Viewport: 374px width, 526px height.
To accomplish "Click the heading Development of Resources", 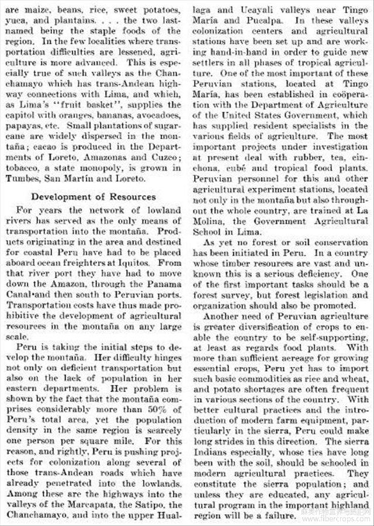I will click(x=93, y=196).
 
